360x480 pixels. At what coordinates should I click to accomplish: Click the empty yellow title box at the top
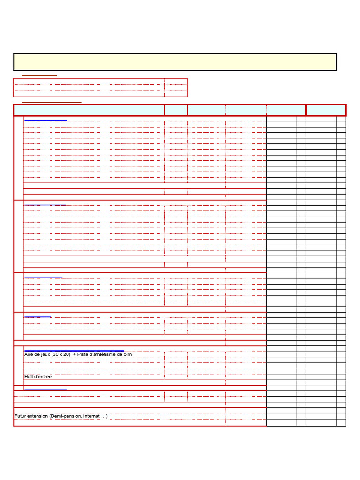[175, 62]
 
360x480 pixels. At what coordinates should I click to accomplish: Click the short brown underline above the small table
[39, 75]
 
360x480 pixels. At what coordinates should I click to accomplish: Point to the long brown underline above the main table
[52, 102]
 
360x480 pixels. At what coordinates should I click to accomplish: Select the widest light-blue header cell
[89, 110]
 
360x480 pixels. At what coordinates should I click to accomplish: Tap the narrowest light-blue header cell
[176, 110]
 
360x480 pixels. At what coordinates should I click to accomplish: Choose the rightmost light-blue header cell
[326, 110]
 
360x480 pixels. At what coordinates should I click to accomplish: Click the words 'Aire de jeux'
[37, 354]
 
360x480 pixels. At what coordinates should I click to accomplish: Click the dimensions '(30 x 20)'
[61, 354]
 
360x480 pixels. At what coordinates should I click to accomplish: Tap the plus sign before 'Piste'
[75, 354]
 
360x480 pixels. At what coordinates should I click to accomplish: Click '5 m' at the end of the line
[127, 354]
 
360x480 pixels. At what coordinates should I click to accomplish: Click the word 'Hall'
[29, 377]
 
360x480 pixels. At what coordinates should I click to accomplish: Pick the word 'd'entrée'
[43, 377]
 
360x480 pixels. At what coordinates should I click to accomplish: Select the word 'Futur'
[21, 416]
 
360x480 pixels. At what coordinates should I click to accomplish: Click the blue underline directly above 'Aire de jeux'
[74, 351]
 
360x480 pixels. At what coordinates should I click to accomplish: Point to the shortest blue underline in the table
[37, 317]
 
